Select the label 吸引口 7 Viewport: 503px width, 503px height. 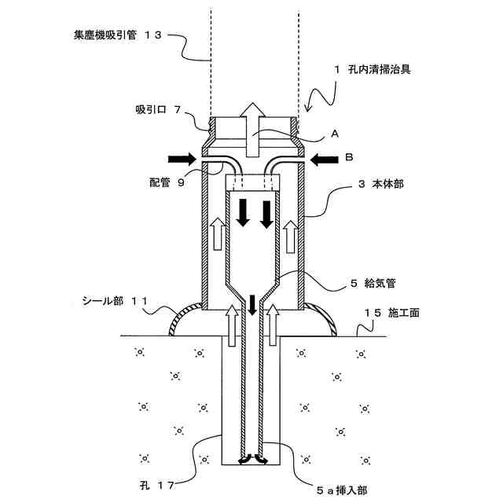click(x=158, y=111)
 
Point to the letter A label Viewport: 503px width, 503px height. click(x=334, y=134)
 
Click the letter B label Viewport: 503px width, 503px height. click(x=349, y=157)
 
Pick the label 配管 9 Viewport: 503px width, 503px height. click(x=166, y=182)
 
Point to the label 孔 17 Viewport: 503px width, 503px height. click(x=160, y=480)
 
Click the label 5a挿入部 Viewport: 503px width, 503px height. click(x=340, y=489)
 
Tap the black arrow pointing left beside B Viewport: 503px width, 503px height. click(x=322, y=160)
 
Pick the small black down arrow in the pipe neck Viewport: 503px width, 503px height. click(x=252, y=304)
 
